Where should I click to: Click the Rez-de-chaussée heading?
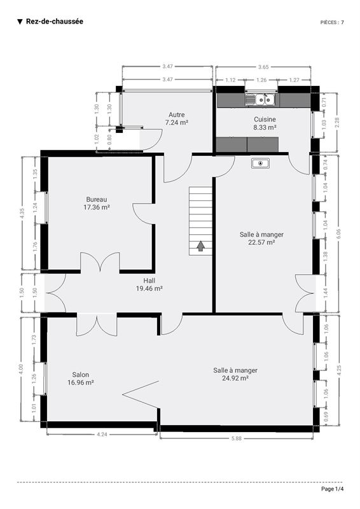[x=55, y=22]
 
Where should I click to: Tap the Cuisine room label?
[x=265, y=119]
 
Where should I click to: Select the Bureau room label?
[x=97, y=199]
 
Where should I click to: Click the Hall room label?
[x=149, y=281]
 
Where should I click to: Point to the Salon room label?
[x=81, y=375]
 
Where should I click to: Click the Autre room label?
[x=177, y=115]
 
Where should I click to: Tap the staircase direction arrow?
[x=200, y=246]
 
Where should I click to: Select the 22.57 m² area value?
[x=261, y=242]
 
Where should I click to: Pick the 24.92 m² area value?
[x=235, y=378]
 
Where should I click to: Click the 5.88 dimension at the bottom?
[x=237, y=438]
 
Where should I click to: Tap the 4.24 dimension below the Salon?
[x=102, y=435]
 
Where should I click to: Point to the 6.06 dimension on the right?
[x=338, y=234]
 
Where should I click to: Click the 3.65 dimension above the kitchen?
[x=263, y=67]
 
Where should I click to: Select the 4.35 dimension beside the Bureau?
[x=22, y=213]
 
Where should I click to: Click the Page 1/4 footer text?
[x=332, y=489]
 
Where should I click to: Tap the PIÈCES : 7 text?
[x=332, y=22]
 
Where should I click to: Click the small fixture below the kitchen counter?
[x=260, y=164]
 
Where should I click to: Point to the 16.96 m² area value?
[x=81, y=382]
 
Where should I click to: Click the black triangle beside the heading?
[x=20, y=22]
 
